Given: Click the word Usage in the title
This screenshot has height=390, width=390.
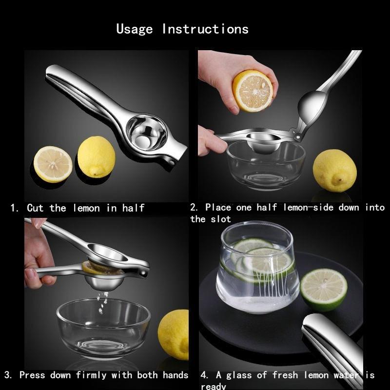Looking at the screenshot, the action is pyautogui.click(x=135, y=29).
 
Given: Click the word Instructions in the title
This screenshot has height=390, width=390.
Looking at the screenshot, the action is pyautogui.click(x=205, y=29).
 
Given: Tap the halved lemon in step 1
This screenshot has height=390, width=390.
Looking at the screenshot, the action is pyautogui.click(x=53, y=164).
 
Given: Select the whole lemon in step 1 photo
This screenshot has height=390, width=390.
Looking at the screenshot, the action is pyautogui.click(x=96, y=156).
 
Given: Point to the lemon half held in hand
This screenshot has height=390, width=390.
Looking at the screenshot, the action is pyautogui.click(x=253, y=91).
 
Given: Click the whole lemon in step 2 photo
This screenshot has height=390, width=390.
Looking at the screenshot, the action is pyautogui.click(x=334, y=170).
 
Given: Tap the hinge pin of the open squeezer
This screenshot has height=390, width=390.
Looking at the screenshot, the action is pyautogui.click(x=297, y=136).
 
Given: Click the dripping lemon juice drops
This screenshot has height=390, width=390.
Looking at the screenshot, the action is pyautogui.click(x=102, y=302).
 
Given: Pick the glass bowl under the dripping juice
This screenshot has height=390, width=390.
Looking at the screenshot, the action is pyautogui.click(x=103, y=328).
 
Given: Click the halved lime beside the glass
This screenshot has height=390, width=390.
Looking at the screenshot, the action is pyautogui.click(x=324, y=290).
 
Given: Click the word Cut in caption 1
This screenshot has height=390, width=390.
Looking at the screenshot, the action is pyautogui.click(x=35, y=208).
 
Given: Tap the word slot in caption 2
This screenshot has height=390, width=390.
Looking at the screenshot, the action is pyautogui.click(x=221, y=219).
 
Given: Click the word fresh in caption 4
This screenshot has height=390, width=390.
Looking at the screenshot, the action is pyautogui.click(x=285, y=375).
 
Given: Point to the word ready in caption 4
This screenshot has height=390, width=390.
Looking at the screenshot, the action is pyautogui.click(x=213, y=386).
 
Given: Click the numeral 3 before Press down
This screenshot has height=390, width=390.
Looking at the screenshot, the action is pyautogui.click(x=8, y=375).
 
